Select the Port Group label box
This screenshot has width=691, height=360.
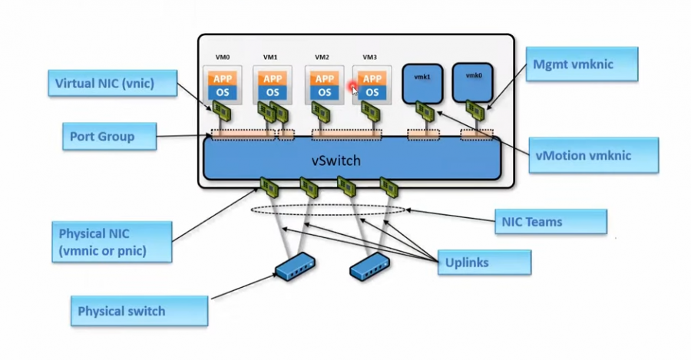coord(108,137)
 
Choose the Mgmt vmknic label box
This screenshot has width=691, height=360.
coord(582,64)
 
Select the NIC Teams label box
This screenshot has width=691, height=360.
coord(549,222)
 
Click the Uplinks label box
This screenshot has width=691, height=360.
coord(484,263)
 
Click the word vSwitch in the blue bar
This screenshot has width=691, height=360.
coord(336,161)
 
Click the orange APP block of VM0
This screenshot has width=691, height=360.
coord(222,79)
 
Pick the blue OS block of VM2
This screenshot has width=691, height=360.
coord(325,92)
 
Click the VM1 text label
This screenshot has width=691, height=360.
coord(270,58)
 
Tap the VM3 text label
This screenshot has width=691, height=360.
coord(370,58)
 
